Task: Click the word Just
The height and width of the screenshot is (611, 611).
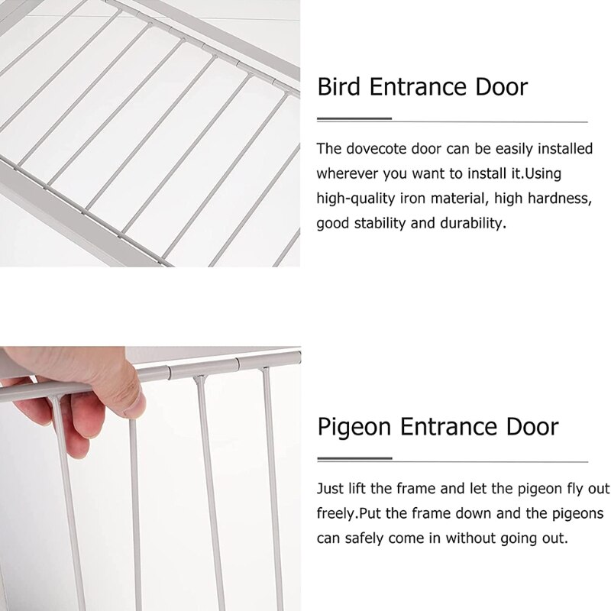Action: pyautogui.click(x=329, y=487)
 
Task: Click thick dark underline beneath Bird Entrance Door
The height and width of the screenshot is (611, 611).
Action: pyautogui.click(x=354, y=119)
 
